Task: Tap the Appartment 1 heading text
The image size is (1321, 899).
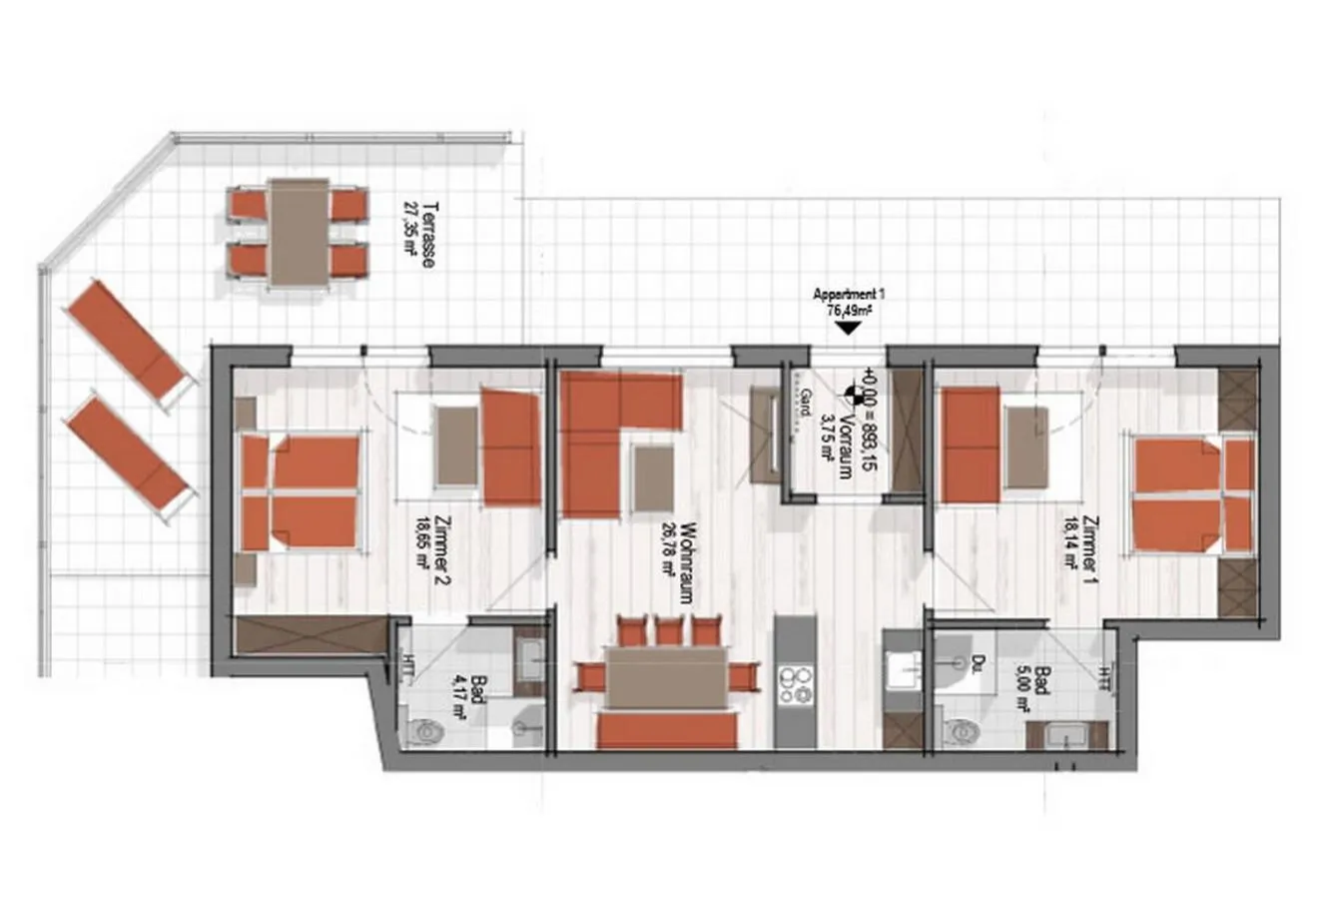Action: coord(849,295)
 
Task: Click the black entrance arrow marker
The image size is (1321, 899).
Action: coord(847,327)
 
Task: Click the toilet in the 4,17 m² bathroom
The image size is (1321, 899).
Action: coord(425,732)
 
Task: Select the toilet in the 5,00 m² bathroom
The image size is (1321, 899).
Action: coord(961,732)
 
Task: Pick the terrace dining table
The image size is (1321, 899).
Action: coord(299,233)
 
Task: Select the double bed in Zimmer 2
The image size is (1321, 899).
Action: coord(300,491)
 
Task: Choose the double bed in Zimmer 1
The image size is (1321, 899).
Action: coord(1191,494)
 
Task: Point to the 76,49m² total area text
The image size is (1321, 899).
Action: coord(849,311)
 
